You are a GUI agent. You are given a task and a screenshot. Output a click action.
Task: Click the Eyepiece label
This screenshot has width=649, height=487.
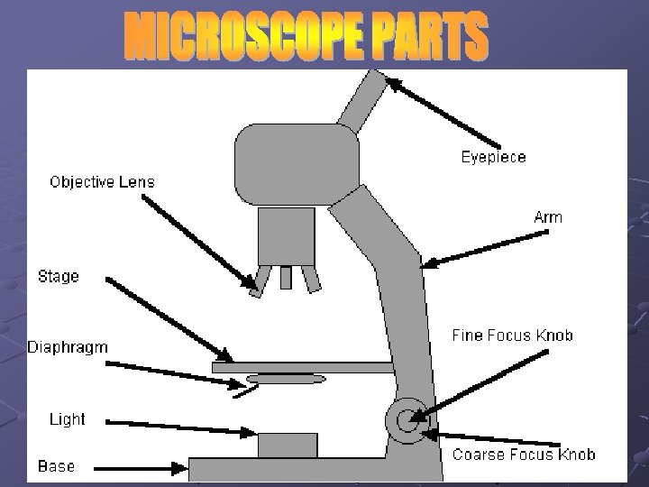pyautogui.click(x=493, y=157)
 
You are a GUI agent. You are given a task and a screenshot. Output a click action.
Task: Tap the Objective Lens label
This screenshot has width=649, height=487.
pyautogui.click(x=102, y=182)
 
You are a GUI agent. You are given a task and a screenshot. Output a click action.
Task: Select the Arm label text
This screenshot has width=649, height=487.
pyautogui.click(x=548, y=217)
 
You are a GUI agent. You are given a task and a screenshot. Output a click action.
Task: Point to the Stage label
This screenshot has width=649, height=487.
pyautogui.click(x=59, y=277)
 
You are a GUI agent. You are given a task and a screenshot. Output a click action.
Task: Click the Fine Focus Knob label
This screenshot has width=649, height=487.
pyautogui.click(x=512, y=336)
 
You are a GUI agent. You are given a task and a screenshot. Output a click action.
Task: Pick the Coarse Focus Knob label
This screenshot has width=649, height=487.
pyautogui.click(x=524, y=455)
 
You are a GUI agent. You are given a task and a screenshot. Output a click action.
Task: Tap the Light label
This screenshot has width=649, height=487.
pyautogui.click(x=67, y=419)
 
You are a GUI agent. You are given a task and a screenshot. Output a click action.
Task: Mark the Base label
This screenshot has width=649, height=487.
pyautogui.click(x=56, y=467)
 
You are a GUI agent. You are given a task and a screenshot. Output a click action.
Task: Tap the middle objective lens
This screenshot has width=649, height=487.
pyautogui.click(x=286, y=276)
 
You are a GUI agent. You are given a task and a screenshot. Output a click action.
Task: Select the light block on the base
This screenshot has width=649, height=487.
pyautogui.click(x=288, y=446)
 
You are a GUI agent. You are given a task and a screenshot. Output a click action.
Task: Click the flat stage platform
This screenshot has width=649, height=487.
pyautogui.click(x=302, y=367)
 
